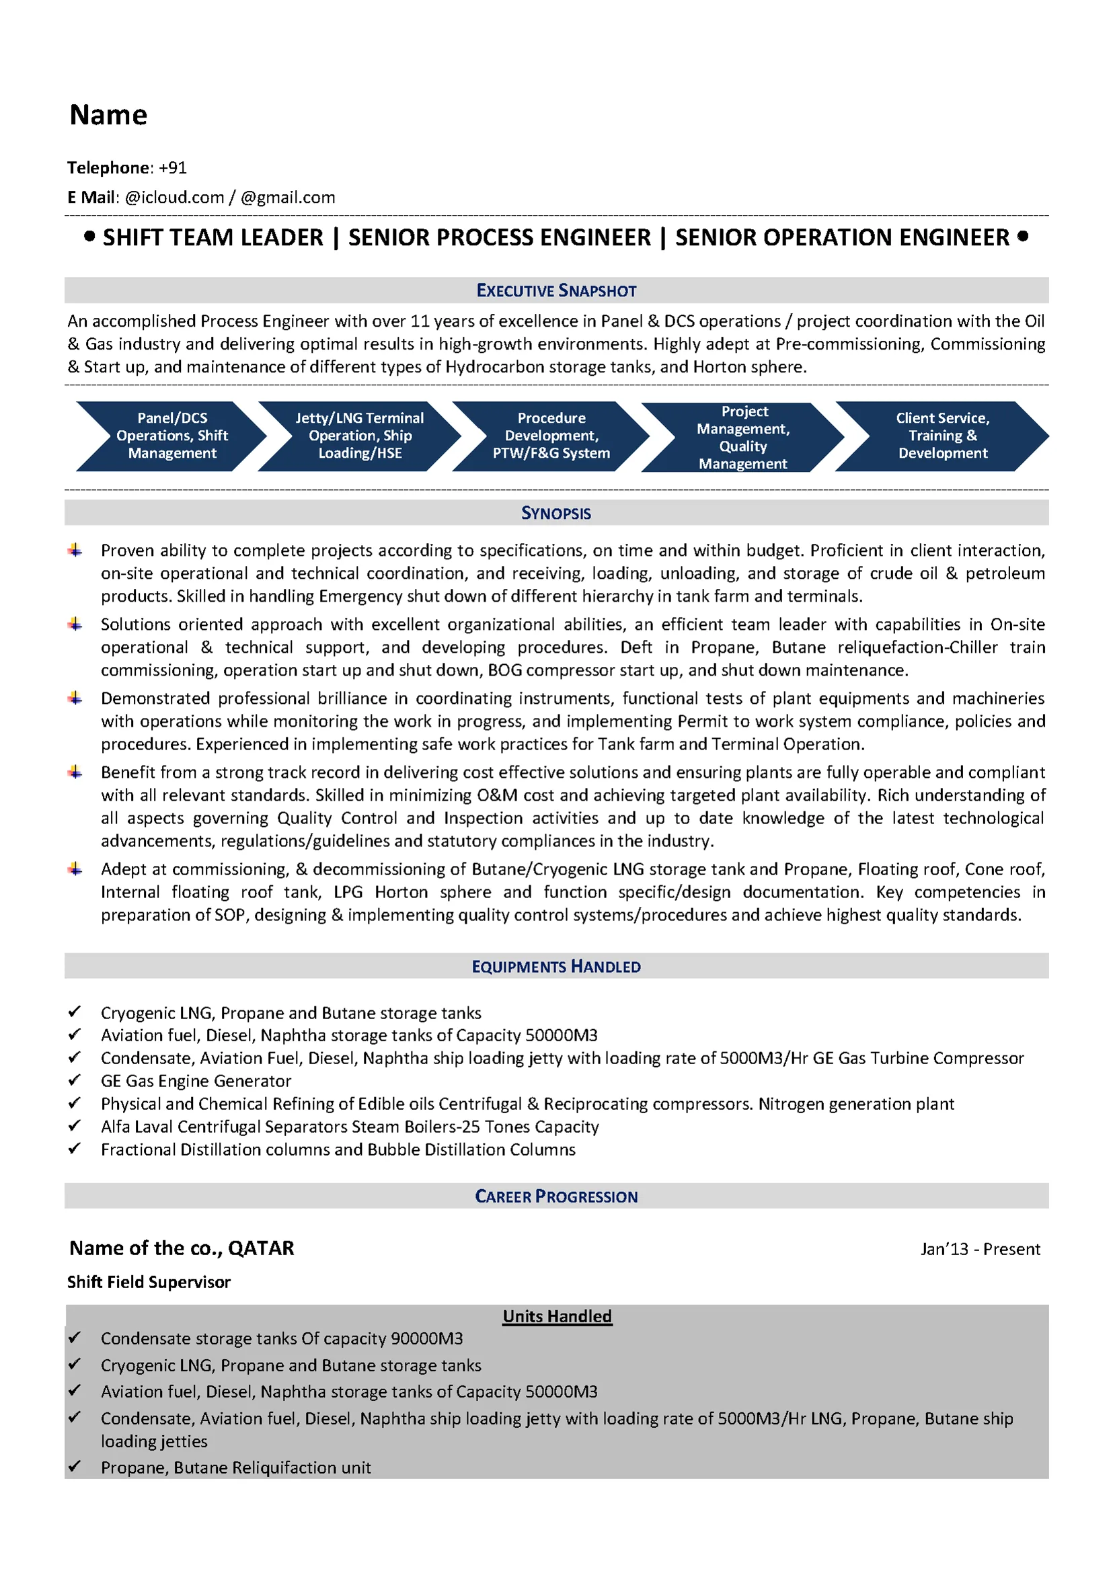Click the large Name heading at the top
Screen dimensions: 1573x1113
pos(108,115)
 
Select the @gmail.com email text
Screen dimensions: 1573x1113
pos(288,198)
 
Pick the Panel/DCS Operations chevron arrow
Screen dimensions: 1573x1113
pos(171,436)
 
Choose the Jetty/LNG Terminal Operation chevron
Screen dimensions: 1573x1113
pos(360,436)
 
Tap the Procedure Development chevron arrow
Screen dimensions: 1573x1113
pos(551,436)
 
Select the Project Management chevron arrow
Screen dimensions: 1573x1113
pos(743,437)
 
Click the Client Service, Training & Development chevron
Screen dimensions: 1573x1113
pos(942,436)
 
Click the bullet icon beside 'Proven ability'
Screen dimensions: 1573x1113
pos(75,550)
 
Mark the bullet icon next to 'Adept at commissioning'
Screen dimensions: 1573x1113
pos(75,869)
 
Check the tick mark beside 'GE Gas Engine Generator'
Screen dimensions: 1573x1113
pos(75,1080)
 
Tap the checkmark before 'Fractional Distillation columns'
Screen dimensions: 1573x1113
pos(75,1148)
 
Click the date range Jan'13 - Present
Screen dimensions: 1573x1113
pos(980,1249)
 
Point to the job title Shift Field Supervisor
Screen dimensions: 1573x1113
pos(149,1282)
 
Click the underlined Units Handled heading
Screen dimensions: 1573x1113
pos(558,1316)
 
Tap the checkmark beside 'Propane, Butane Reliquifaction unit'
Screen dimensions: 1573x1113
pos(75,1466)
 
